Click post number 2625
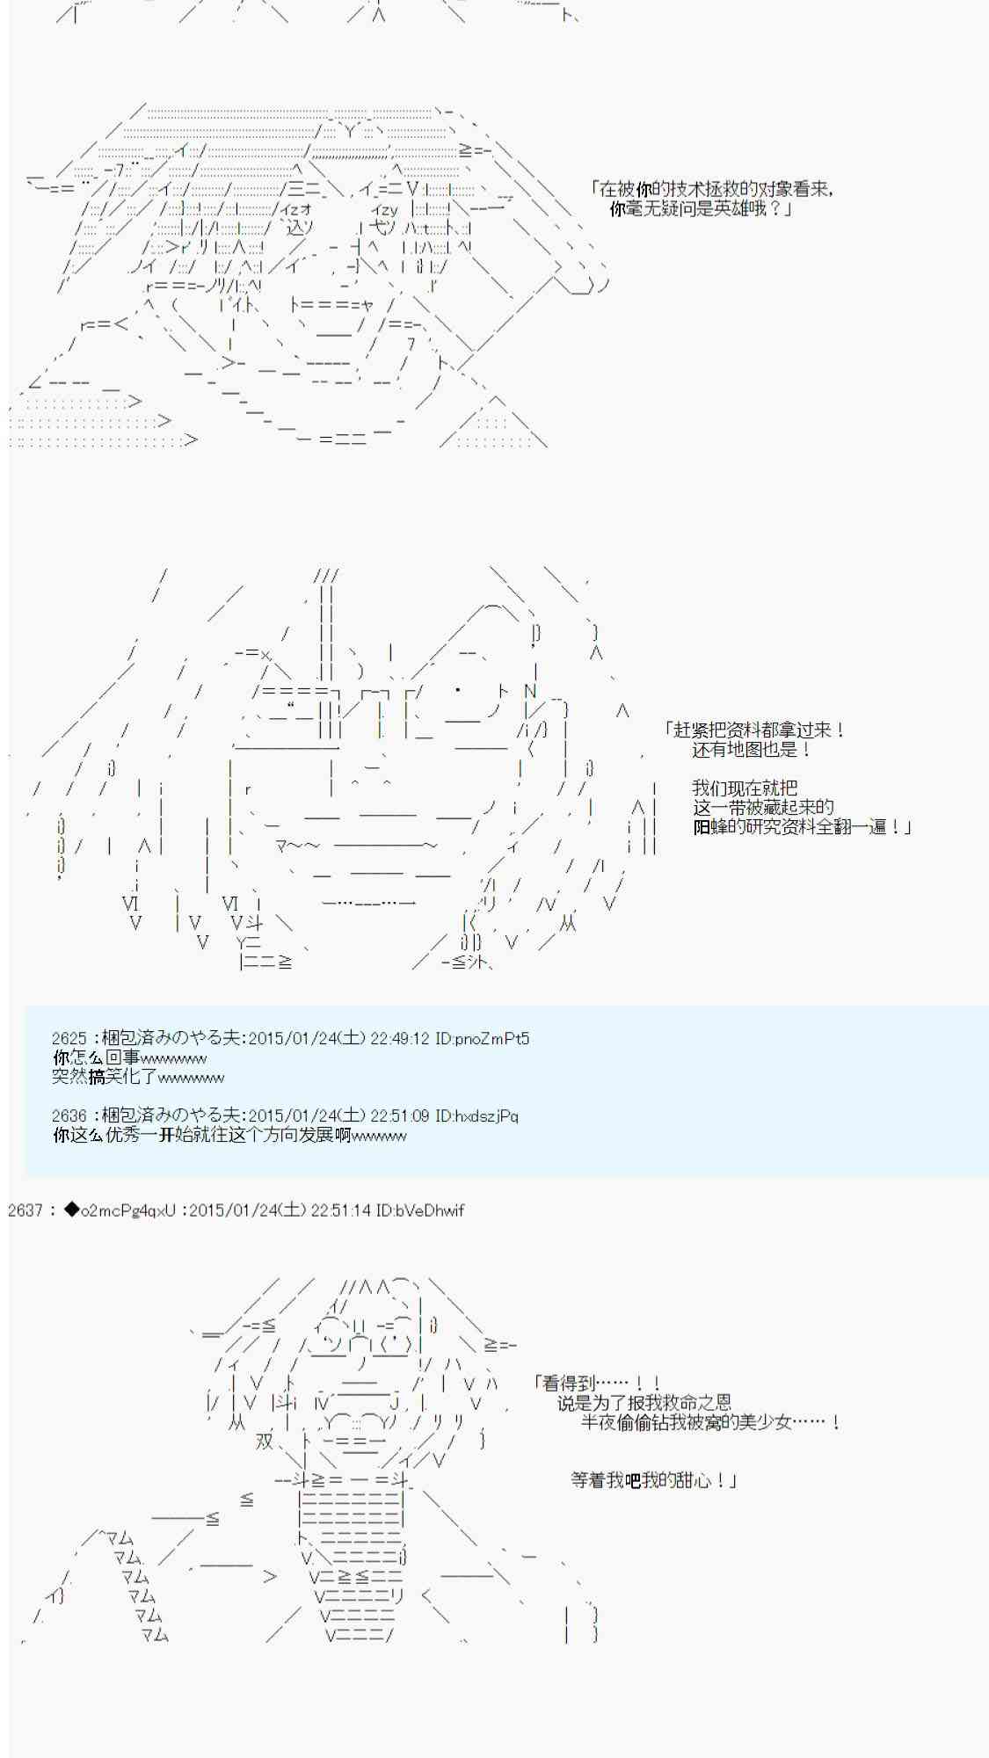[69, 1039]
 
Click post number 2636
[69, 1116]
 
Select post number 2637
[25, 1210]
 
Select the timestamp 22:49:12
[399, 1039]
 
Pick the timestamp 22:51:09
[399, 1116]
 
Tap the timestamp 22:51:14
[340, 1210]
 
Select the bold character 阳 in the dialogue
[702, 827]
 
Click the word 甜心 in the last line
[696, 1480]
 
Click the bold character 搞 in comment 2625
[97, 1078]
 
